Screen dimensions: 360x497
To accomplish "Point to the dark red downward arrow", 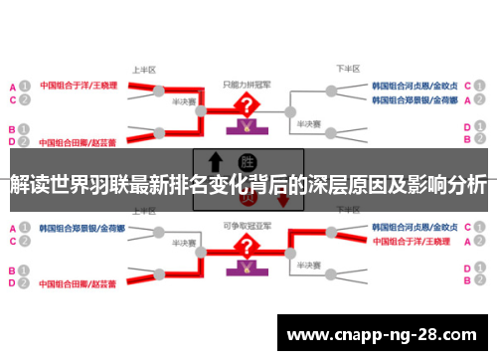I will pos(282,198).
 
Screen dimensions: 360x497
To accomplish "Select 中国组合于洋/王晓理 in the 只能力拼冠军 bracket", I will pos(80,86).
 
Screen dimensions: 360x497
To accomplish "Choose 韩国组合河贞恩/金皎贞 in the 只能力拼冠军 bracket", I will pos(414,86).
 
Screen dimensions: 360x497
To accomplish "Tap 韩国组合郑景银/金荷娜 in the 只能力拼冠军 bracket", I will pos(414,100).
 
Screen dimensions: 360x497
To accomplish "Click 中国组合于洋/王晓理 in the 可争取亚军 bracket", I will pos(415,241).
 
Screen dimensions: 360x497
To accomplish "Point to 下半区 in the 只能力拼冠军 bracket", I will pos(346,70).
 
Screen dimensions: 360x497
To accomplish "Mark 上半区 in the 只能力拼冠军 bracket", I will pos(144,70).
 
